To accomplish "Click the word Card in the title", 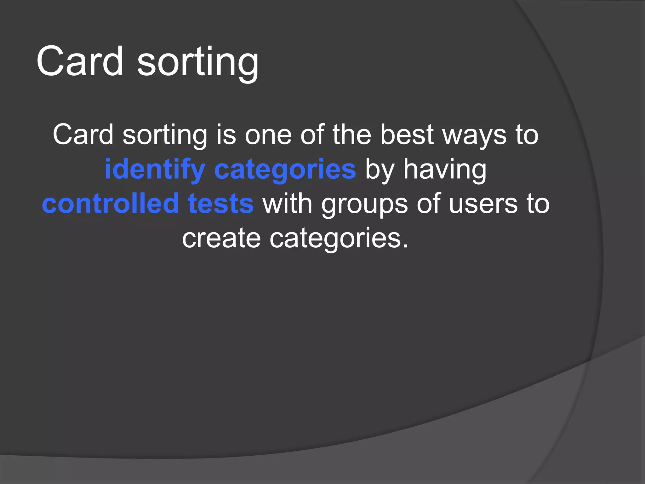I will click(80, 61).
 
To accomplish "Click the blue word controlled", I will click(111, 204).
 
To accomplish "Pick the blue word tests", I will click(221, 204).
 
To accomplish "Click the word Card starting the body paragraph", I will click(83, 135).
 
